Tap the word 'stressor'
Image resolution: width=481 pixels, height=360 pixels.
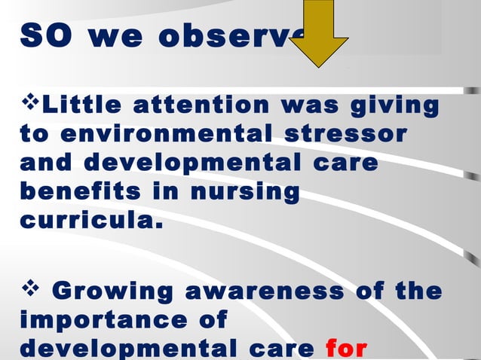[348, 134]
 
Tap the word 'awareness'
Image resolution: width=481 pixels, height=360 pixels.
[261, 291]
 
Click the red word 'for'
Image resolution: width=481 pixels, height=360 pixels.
[346, 349]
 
